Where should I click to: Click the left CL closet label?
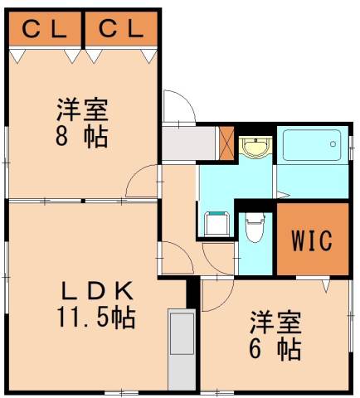pos(44,30)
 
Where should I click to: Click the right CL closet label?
pos(122,30)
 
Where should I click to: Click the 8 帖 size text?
pos(82,136)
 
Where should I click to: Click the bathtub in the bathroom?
pos(309,148)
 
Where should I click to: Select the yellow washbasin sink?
pos(254,148)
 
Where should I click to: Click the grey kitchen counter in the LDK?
pos(180,348)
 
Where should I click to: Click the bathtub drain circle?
pos(332,146)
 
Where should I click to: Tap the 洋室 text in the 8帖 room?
pos(82,109)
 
